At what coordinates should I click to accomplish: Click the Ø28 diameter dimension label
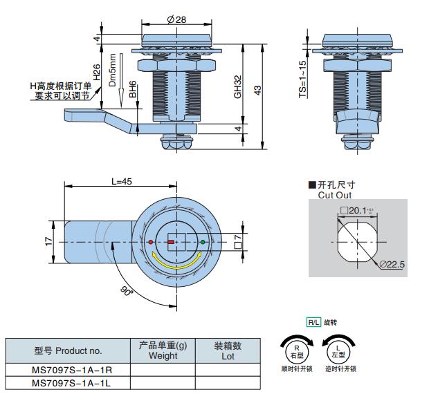point(176,19)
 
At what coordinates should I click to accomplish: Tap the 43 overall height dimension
point(257,91)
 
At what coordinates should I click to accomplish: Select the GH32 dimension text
point(237,86)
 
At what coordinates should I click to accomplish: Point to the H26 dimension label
point(97,73)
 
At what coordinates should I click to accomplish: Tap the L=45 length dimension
point(121,181)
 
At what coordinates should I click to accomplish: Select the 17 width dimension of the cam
point(48,241)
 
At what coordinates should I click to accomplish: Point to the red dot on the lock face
point(151,242)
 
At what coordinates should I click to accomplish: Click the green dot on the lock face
point(203,242)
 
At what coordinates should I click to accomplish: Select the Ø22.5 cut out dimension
point(391,264)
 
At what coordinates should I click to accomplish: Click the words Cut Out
point(335,196)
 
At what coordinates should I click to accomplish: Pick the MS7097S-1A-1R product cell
point(68,370)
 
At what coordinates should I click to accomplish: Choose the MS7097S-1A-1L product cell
point(68,382)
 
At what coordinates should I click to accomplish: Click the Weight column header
point(163,350)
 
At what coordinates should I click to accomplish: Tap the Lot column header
point(228,350)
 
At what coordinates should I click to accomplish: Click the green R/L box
point(314,322)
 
